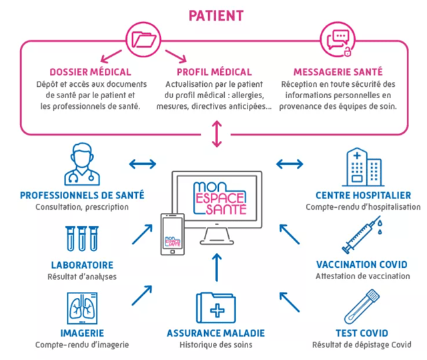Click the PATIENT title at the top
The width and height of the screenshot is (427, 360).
[x=216, y=15]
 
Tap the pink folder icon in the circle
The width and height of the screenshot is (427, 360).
[x=143, y=40]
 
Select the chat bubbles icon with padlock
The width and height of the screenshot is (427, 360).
[x=338, y=41]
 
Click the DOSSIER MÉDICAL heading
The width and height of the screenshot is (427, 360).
[x=91, y=72]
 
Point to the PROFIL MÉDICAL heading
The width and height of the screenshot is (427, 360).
[x=214, y=72]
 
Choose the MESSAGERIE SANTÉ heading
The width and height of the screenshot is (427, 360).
[x=338, y=72]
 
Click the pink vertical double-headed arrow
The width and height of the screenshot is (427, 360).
[x=217, y=134]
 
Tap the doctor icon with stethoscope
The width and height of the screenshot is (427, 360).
[x=82, y=164]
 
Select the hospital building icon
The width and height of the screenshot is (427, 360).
[x=363, y=167]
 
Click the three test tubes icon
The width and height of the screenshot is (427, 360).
[x=82, y=238]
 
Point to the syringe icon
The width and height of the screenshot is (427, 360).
[x=362, y=234]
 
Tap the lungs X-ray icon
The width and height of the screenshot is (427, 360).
[x=82, y=308]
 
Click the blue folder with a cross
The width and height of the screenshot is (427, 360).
[x=216, y=308]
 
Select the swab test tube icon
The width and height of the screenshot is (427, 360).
[x=362, y=307]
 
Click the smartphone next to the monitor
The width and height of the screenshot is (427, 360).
[x=172, y=234]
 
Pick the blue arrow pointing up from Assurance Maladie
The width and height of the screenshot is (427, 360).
[x=217, y=267]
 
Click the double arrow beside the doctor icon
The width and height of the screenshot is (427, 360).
[x=142, y=164]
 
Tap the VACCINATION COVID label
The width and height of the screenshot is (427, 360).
[x=362, y=264]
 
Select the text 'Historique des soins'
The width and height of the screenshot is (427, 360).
[x=216, y=345]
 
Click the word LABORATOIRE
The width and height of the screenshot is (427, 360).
[x=82, y=265]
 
